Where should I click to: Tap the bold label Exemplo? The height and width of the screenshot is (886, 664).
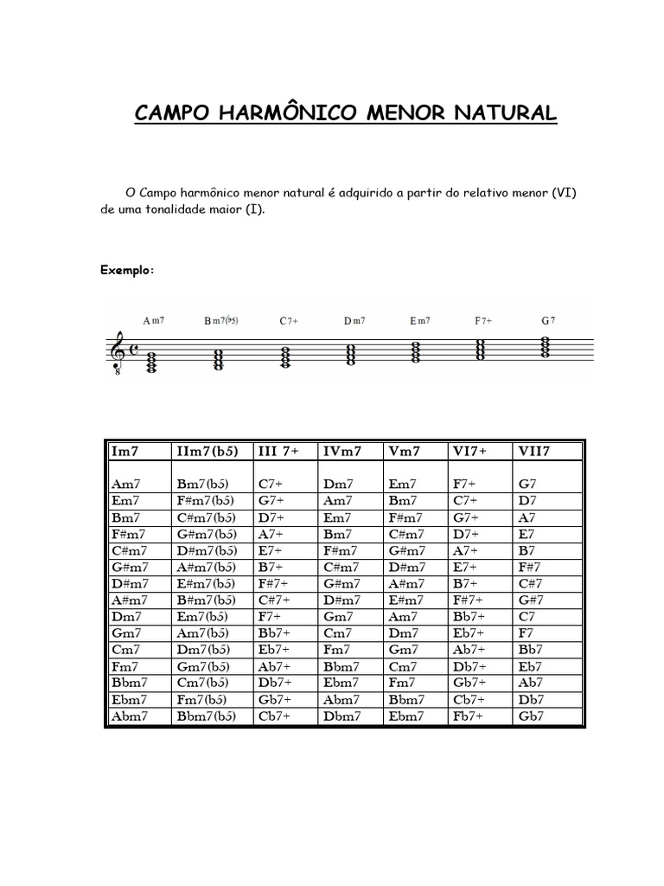point(128,270)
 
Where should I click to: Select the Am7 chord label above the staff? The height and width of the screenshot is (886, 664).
point(154,320)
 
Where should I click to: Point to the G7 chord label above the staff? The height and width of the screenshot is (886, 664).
point(548,320)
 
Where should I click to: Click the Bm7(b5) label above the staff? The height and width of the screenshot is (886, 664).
point(221,320)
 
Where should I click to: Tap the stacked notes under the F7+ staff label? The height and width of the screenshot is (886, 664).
point(482,350)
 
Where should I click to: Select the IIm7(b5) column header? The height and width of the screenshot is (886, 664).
point(207,451)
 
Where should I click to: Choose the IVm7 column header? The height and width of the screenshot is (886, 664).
point(342,451)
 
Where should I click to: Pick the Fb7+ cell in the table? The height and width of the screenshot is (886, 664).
point(469,716)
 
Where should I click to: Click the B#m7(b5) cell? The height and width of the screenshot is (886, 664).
point(206,600)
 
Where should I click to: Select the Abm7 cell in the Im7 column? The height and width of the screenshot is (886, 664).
point(131,716)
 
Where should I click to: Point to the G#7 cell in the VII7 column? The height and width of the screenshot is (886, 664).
point(531,600)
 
